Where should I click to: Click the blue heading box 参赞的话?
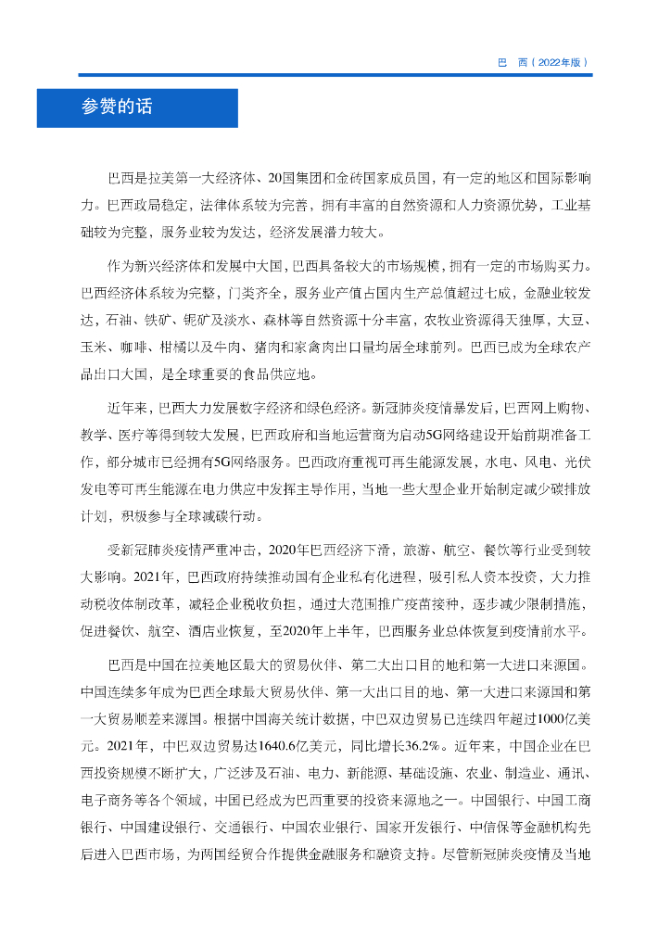137,108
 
